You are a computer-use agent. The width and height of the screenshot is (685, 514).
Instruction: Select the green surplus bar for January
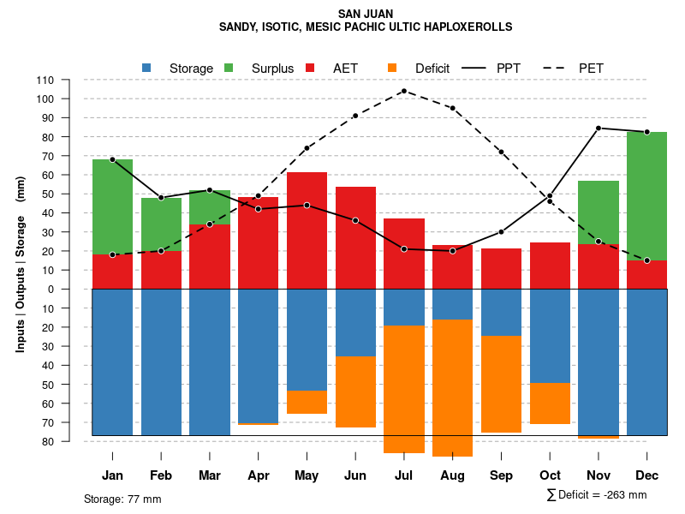click(x=112, y=206)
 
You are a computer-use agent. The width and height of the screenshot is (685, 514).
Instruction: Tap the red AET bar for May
click(x=307, y=230)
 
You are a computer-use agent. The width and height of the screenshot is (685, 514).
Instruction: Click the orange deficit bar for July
click(x=404, y=389)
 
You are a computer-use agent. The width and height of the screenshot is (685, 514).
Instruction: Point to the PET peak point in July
click(x=403, y=91)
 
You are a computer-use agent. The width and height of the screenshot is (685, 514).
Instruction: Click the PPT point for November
click(x=599, y=128)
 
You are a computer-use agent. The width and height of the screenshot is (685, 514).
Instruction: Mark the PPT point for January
click(x=112, y=160)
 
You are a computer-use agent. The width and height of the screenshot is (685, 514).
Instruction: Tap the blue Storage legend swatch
click(x=146, y=68)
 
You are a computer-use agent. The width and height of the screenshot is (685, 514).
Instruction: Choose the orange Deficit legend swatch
click(x=392, y=68)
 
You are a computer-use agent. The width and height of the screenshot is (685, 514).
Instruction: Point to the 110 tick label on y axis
click(x=45, y=80)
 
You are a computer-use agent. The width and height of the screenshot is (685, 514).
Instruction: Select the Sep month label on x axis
click(x=502, y=475)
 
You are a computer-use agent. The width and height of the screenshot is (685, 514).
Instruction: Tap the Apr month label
click(x=259, y=475)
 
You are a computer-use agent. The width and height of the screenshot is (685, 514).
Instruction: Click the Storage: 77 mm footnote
click(x=122, y=499)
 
